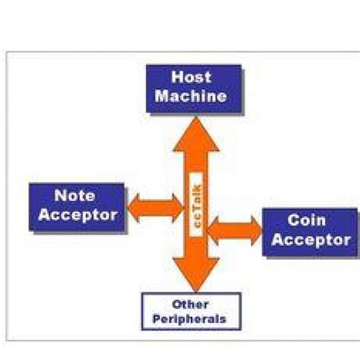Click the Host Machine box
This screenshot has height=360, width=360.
(192, 87)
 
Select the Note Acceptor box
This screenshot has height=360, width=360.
(77, 205)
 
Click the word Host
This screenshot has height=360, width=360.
(191, 77)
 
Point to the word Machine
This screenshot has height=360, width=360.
(192, 97)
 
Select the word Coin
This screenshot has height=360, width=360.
(307, 221)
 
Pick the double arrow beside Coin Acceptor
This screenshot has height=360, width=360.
(233, 229)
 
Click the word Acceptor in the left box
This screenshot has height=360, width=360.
(77, 215)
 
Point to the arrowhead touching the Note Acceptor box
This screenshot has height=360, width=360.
(134, 204)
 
